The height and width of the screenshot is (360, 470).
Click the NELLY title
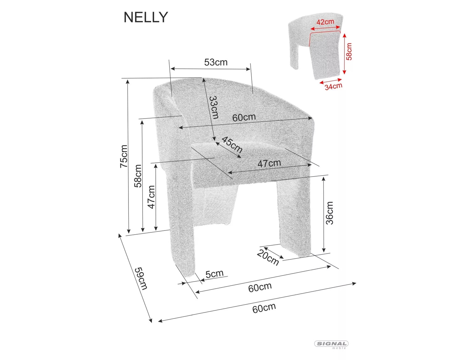(146, 17)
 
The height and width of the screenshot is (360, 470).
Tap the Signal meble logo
(331, 344)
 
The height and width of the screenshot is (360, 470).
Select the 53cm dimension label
(216, 62)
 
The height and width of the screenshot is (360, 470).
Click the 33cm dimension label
(214, 107)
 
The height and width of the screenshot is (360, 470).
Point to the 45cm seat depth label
(232, 145)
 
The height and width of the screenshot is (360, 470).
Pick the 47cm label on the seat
(269, 163)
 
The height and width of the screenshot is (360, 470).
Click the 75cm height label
(124, 156)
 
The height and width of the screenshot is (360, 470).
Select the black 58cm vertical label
(138, 176)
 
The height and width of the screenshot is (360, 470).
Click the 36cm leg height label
(330, 213)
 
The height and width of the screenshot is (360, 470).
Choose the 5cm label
(215, 274)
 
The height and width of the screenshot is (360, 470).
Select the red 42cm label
(325, 22)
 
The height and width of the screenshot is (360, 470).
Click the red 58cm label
(349, 51)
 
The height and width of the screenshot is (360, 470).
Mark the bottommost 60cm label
(264, 308)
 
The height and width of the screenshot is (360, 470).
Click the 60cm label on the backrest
(244, 117)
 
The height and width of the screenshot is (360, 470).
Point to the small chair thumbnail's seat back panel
(325, 56)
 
